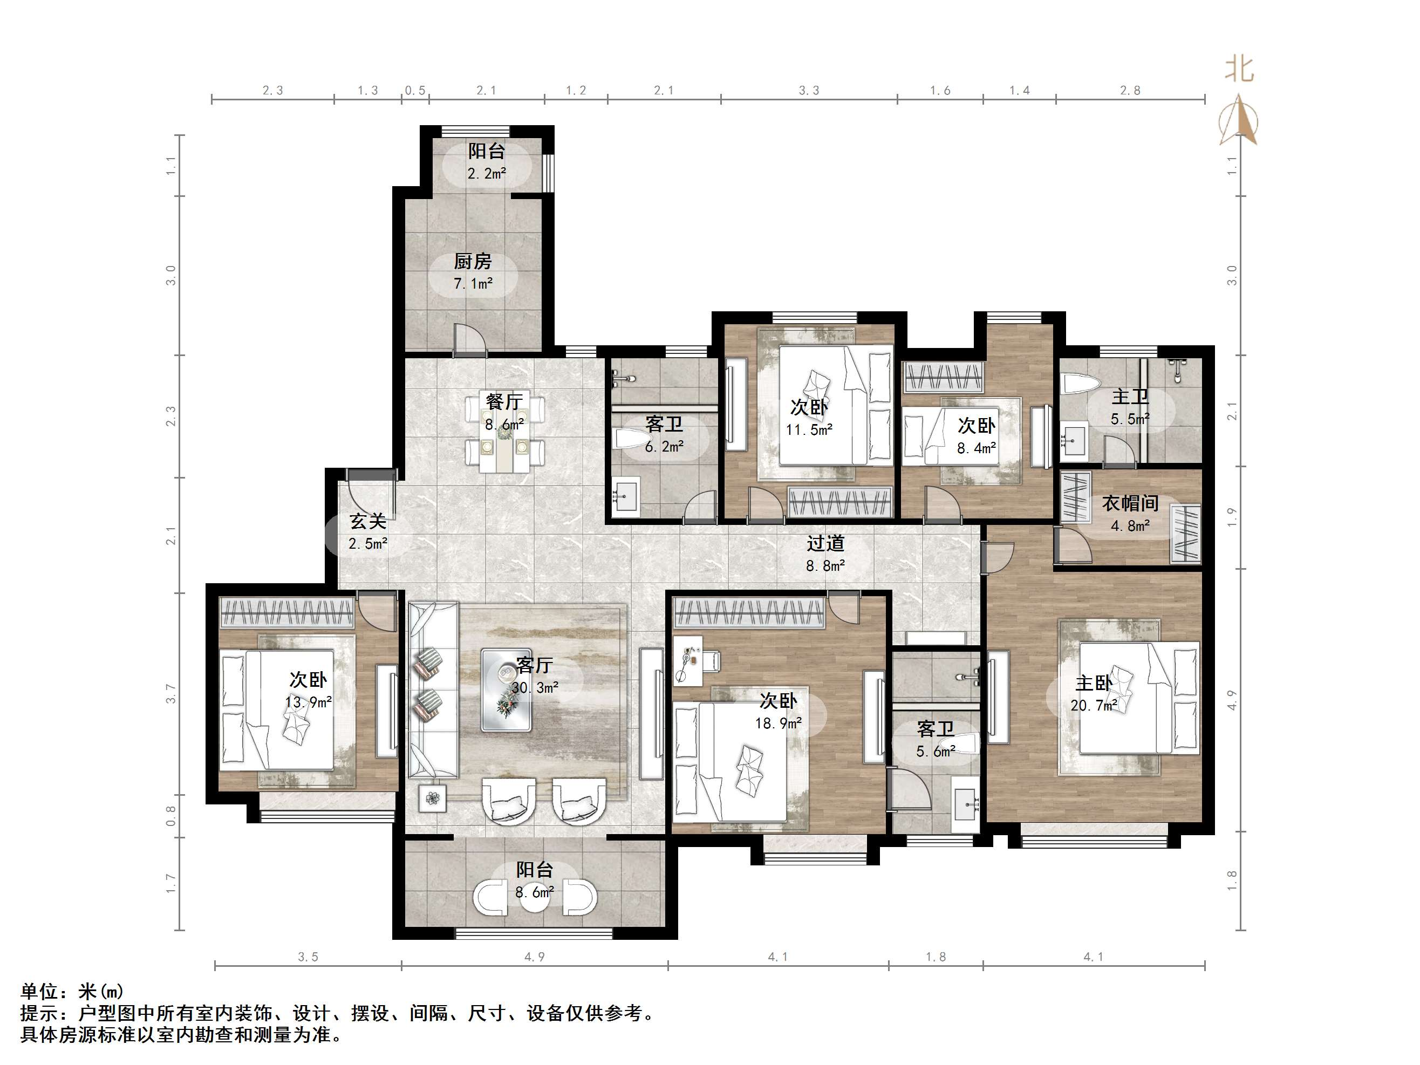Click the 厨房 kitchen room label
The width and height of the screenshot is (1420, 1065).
click(x=473, y=261)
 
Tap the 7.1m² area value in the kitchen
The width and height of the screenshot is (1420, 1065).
click(x=473, y=283)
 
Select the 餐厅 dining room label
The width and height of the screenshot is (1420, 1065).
click(x=504, y=402)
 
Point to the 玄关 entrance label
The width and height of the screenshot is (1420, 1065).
click(x=368, y=521)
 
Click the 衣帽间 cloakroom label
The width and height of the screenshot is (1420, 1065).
click(x=1130, y=503)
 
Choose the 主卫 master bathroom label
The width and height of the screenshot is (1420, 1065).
click(x=1130, y=397)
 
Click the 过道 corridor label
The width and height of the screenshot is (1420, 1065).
click(x=825, y=544)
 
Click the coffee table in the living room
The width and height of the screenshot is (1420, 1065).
click(x=507, y=689)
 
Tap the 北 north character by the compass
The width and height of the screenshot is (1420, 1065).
click(x=1239, y=69)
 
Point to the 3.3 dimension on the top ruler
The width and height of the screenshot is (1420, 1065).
click(x=809, y=91)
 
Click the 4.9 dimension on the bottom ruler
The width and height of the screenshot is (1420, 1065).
click(x=534, y=957)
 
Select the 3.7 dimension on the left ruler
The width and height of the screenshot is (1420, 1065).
click(x=171, y=694)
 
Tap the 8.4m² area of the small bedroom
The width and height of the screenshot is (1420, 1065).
click(x=977, y=448)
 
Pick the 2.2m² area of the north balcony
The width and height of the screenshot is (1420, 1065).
click(x=487, y=173)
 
